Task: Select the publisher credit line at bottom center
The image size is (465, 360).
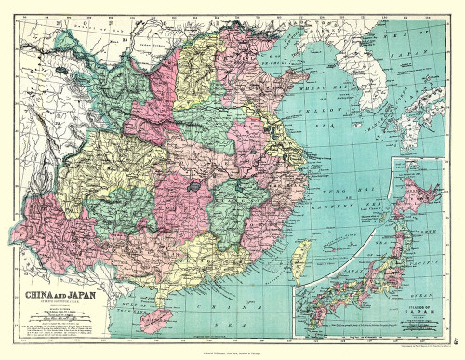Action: pos(232,351)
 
